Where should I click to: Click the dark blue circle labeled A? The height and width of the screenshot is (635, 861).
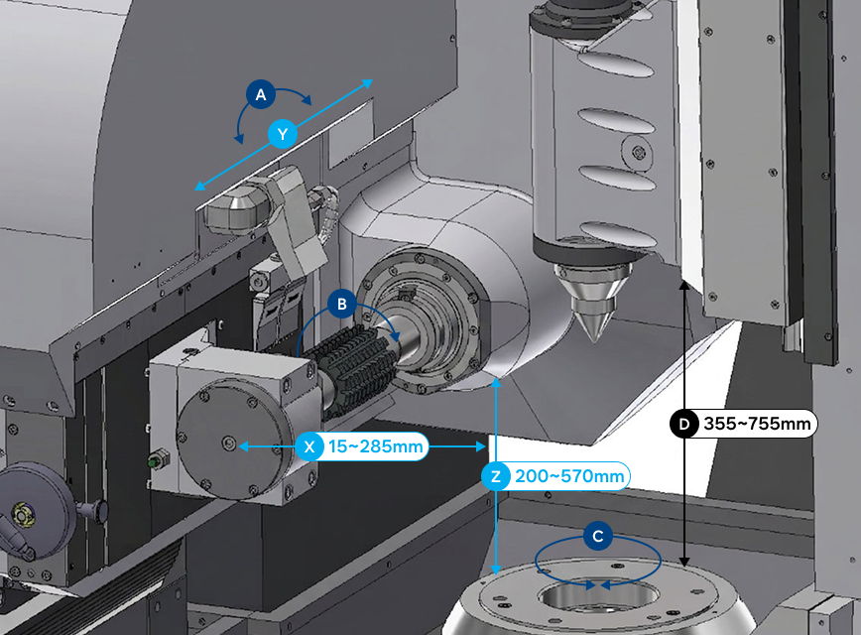point(261,94)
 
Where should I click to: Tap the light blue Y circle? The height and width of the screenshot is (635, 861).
point(283,134)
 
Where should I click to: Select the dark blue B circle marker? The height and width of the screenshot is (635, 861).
point(341,304)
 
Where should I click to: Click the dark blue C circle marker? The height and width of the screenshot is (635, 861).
point(598,536)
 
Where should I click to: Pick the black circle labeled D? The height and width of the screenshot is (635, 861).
point(684,424)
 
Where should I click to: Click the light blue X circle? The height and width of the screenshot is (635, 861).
point(309,446)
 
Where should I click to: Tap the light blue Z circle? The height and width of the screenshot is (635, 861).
point(496,476)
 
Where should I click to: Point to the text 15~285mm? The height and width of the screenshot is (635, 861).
point(376,446)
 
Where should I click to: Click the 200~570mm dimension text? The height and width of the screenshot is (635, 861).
point(569,476)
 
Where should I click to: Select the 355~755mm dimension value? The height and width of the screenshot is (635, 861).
point(757,424)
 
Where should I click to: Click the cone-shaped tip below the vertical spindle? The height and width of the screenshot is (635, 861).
point(591,302)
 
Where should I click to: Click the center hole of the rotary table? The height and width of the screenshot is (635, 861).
point(597,596)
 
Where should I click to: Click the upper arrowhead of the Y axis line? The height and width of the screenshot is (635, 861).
point(368,83)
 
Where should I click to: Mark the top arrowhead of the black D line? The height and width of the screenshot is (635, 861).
point(684,285)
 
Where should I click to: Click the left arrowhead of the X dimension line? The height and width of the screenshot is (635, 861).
point(243,446)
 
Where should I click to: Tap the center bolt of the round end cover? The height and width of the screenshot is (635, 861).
point(229,443)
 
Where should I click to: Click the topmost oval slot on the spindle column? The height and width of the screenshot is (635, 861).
point(616,64)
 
